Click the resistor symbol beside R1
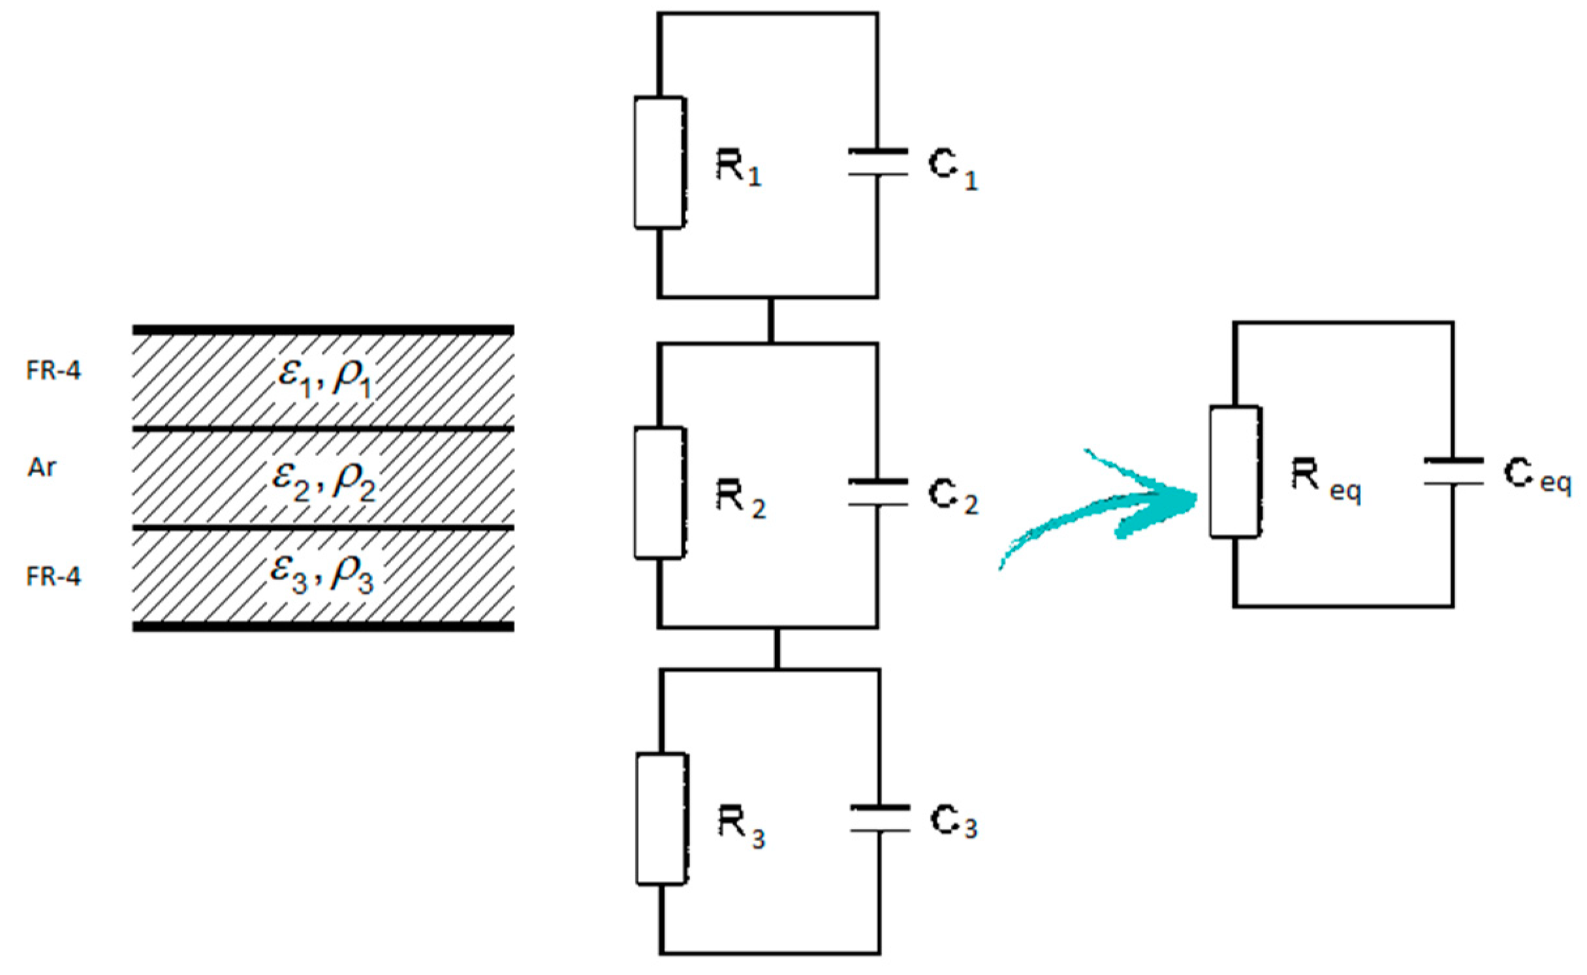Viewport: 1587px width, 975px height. pos(659,162)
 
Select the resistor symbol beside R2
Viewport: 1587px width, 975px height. pos(659,493)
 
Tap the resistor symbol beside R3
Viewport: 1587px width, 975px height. pos(661,819)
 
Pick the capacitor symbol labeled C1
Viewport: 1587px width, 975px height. pos(877,162)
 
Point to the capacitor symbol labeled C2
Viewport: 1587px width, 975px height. pos(877,493)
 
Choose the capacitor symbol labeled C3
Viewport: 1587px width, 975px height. pos(879,819)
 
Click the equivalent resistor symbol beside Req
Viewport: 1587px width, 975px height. pos(1234,472)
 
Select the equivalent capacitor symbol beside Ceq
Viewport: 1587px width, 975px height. pos(1453,472)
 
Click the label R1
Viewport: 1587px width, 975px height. pos(738,167)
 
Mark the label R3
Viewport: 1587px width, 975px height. pos(741,826)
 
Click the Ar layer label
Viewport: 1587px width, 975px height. pos(42,467)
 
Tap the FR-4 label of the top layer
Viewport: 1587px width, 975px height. pos(54,371)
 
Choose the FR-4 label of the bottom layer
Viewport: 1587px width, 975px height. pos(54,576)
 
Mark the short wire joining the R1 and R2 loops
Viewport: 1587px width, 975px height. pos(771,320)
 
